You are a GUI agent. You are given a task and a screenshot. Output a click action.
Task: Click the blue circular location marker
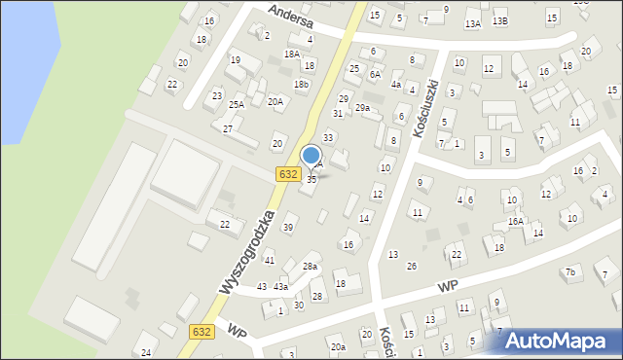[311, 156]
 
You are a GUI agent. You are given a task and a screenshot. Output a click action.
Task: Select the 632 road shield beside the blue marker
[287, 174]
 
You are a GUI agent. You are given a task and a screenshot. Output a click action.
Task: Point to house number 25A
[237, 104]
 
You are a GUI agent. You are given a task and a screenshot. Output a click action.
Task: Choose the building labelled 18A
[291, 54]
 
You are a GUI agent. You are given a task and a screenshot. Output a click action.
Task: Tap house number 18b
[302, 85]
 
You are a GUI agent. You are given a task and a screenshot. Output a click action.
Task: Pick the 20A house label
[275, 101]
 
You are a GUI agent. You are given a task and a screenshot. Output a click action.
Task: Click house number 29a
[362, 108]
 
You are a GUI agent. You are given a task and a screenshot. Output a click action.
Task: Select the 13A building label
[473, 23]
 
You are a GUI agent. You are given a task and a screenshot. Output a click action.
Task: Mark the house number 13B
[499, 21]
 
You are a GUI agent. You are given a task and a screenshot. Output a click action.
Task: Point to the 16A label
[515, 222]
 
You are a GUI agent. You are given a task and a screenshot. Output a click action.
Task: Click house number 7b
[570, 272]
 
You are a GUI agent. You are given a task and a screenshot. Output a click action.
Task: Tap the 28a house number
[310, 267]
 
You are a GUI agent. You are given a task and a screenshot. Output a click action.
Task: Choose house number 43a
[280, 287]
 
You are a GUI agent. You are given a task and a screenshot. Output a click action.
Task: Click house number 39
[288, 228]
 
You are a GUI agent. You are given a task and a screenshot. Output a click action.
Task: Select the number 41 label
[270, 261]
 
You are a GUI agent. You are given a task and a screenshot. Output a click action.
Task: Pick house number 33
[328, 138]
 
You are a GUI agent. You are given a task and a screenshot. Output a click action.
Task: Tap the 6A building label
[375, 74]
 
